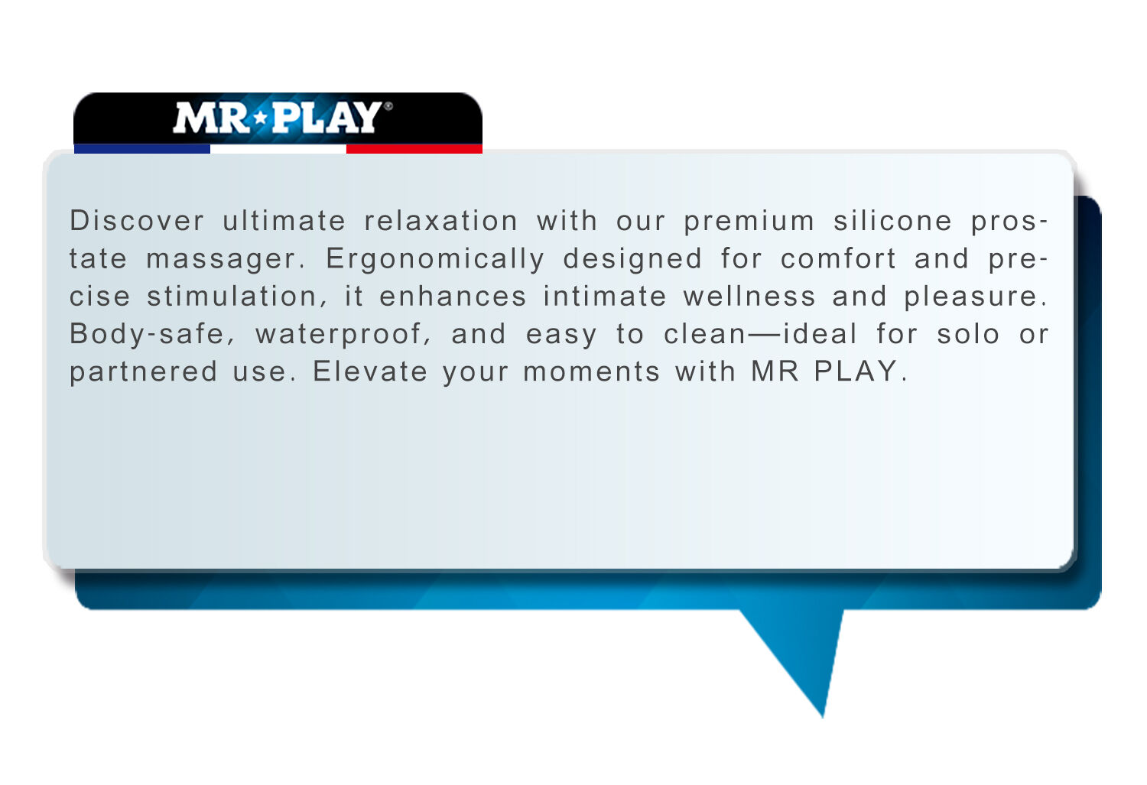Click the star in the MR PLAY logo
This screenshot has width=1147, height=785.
coord(262,118)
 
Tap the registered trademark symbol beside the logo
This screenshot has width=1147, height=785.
coord(388,106)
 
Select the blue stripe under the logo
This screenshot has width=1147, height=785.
coord(141,149)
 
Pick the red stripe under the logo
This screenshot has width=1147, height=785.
coord(414,149)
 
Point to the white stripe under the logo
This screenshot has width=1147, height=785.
coord(278,149)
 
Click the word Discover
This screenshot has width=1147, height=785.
coord(137,221)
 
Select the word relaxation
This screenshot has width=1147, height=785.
coord(441,221)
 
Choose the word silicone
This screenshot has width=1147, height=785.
coord(892,221)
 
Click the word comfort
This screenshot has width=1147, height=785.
coord(838,258)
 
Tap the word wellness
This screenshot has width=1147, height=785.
coord(749,297)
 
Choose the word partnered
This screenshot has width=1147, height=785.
coord(144,373)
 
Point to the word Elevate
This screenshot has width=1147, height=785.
coord(369,371)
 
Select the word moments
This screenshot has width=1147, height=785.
coord(591,372)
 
